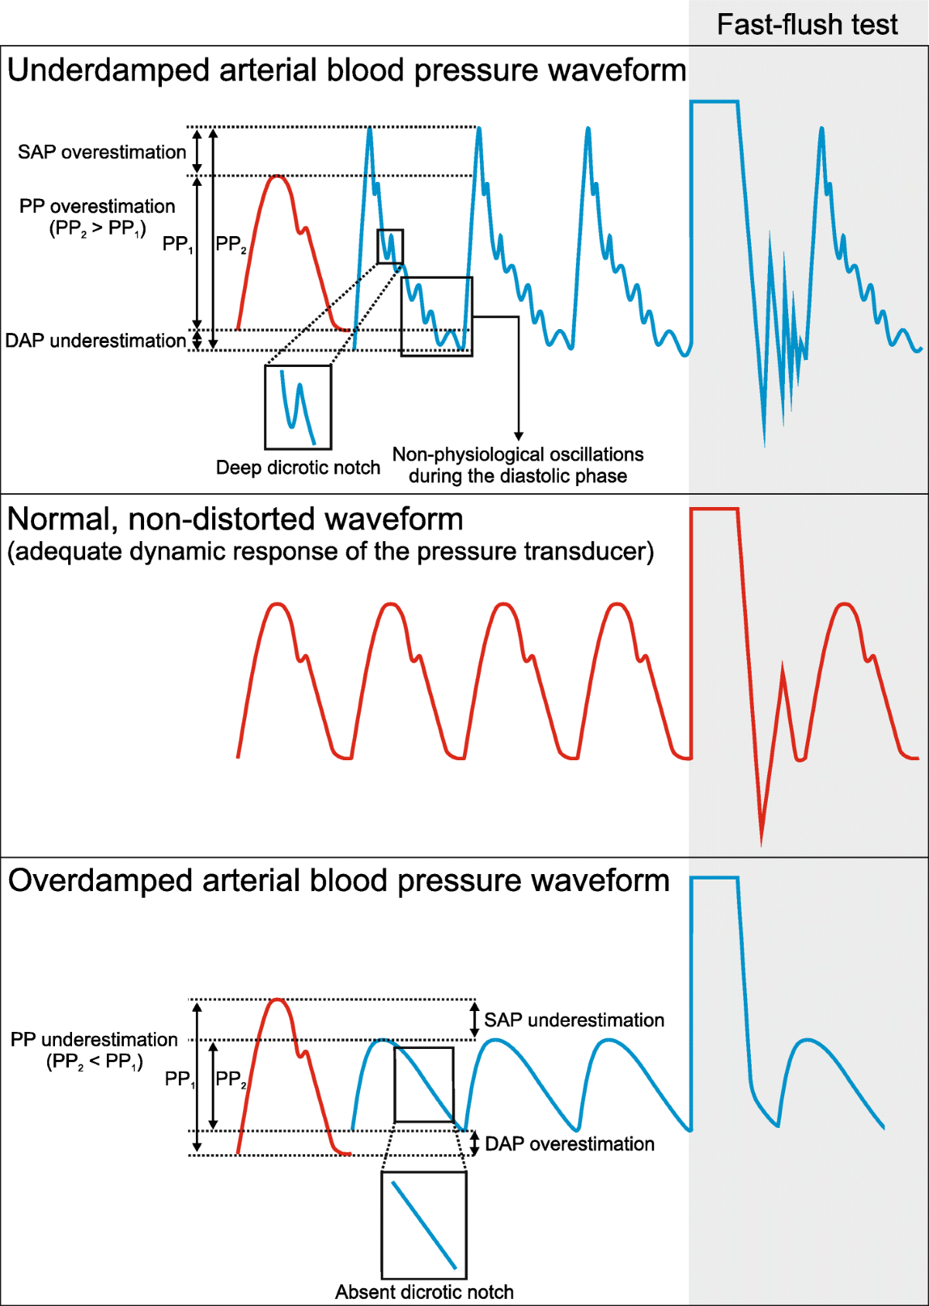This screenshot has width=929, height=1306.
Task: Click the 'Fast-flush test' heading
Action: coord(807,25)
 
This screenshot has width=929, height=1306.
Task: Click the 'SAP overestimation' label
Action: coord(102,152)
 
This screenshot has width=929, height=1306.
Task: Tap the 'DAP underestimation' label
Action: coord(95,341)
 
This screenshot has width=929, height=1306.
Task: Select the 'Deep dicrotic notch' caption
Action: coord(298,468)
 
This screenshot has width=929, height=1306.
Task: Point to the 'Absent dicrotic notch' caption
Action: coord(424,1292)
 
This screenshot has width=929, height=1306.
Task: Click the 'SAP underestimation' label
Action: coord(574,1020)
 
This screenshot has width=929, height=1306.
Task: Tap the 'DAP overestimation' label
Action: coord(569,1144)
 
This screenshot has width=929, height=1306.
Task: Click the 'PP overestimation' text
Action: coord(98,207)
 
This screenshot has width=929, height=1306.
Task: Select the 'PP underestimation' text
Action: coord(94,1040)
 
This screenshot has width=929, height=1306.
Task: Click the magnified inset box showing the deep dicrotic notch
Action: coord(298,407)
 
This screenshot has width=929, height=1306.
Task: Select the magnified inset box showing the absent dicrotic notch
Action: coord(423,1225)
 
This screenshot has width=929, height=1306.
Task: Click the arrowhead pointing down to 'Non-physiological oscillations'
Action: coord(519,436)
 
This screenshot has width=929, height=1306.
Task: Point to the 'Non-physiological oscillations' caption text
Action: coord(518,454)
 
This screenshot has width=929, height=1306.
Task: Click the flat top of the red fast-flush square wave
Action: coord(714,509)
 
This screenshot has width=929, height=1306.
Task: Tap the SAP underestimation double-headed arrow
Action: coord(475,1020)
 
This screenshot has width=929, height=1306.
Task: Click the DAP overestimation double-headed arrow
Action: coord(475,1143)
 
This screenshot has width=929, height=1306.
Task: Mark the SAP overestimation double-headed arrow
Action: coord(197,151)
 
